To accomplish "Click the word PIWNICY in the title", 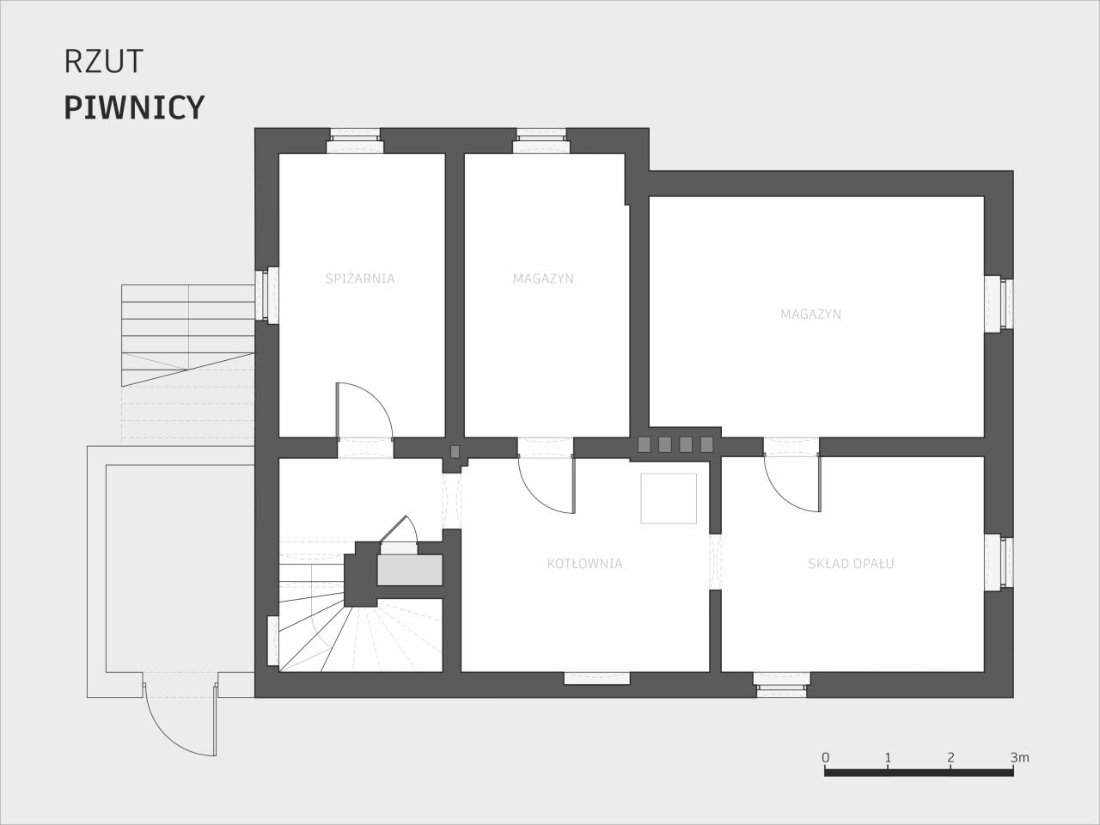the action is [134, 107].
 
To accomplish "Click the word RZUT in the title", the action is [104, 62].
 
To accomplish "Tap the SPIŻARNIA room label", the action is [360, 278].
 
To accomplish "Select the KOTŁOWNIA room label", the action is [585, 564].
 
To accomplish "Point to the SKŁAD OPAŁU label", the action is [851, 564].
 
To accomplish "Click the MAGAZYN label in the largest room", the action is [811, 314].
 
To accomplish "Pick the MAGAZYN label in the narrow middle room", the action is [543, 278].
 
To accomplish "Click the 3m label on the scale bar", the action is [1019, 758].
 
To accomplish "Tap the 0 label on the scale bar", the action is [825, 758].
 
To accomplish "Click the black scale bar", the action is [919, 773].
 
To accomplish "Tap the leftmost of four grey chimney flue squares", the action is [644, 443].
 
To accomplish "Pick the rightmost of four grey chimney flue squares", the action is [706, 443].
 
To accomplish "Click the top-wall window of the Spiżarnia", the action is [355, 141].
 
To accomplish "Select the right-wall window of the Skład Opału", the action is [999, 561].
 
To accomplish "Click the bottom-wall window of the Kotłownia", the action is [597, 678].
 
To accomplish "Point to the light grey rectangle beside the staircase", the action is [409, 570].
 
